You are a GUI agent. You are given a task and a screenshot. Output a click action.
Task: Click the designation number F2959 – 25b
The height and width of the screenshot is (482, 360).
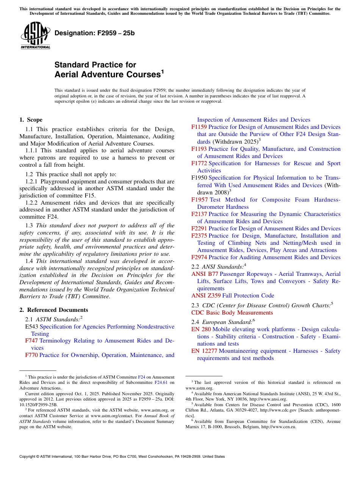(94, 33)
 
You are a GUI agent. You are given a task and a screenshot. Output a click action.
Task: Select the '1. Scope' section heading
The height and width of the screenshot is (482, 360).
(31, 120)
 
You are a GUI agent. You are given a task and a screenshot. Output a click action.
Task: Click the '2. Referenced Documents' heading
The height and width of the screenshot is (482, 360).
(54, 310)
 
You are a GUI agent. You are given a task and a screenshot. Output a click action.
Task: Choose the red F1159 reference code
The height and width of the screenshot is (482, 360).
(199, 127)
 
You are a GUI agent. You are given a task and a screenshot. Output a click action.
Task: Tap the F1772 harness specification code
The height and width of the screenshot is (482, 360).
(199, 164)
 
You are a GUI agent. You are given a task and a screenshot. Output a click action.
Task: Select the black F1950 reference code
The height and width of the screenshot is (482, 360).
(199, 178)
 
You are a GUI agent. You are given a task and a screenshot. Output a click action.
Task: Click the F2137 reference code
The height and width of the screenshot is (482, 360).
(199, 214)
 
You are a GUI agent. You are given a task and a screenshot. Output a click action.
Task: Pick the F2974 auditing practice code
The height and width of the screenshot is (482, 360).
(199, 258)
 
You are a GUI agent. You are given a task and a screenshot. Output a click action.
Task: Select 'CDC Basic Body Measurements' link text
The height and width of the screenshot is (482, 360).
(232, 313)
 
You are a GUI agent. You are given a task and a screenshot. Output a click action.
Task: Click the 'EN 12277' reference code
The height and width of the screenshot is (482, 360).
(204, 351)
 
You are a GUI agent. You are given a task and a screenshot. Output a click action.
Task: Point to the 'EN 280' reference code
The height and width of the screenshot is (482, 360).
(201, 330)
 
